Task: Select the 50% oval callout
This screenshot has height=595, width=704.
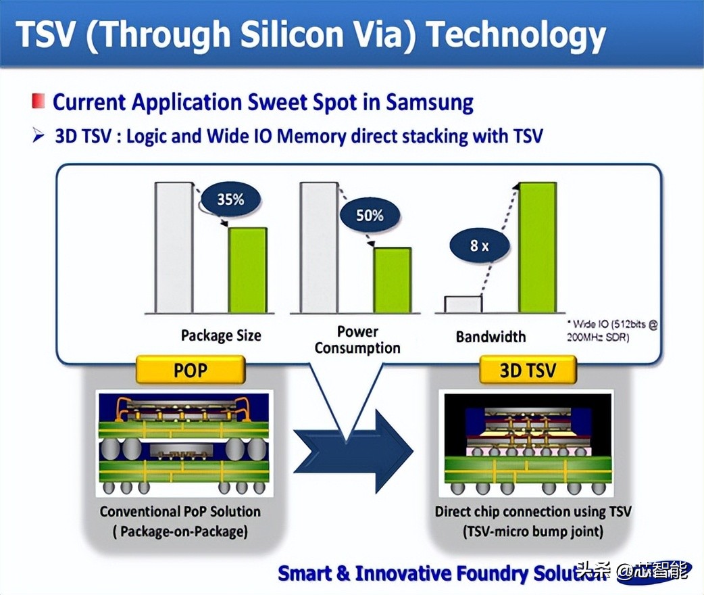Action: [369, 216]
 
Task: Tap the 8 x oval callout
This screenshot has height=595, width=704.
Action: [479, 246]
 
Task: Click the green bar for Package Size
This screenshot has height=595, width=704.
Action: [247, 270]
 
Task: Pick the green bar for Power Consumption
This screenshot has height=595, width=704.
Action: [392, 280]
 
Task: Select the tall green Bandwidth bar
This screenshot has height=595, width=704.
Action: [538, 247]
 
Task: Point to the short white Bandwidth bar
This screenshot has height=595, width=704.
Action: [463, 304]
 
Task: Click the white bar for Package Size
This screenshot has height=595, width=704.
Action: [175, 247]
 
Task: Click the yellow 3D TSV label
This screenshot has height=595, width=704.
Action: [527, 371]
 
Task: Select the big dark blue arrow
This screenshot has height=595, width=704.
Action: [351, 450]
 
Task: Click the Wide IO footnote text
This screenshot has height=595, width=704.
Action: [612, 331]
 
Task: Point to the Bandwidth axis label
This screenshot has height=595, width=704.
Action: [491, 337]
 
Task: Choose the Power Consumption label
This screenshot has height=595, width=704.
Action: [357, 340]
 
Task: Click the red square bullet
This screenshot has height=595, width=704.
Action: [39, 103]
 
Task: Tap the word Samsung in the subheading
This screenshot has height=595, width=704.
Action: [430, 103]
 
